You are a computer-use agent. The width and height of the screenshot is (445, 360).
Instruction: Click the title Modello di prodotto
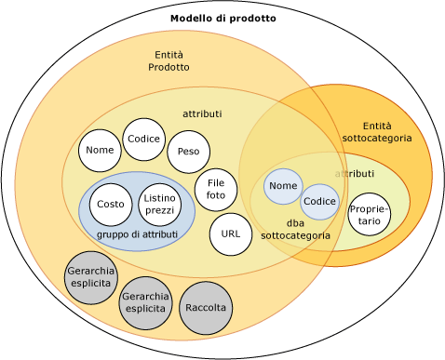pos(222,19)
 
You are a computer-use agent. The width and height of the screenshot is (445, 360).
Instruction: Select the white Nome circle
pos(100,151)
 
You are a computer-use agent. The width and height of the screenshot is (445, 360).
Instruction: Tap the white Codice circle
pos(144,140)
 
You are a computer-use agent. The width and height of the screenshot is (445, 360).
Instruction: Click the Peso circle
pos(188,152)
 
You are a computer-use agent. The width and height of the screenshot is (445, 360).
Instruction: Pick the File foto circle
pos(216,190)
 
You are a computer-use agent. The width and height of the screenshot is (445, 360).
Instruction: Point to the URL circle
pos(231,234)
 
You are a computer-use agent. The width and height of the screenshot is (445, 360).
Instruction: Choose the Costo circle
pos(111,205)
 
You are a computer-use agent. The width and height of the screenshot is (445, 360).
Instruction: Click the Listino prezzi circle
pos(160,205)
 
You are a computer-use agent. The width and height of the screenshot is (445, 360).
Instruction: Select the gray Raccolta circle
pos(206,308)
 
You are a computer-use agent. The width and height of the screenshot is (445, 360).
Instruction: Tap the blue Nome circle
pos(283,186)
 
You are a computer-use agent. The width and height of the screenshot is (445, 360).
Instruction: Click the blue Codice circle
pos(319,202)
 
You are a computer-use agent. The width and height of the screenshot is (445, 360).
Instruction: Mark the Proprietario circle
pos(370,215)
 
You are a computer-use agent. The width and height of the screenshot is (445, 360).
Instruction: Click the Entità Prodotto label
pos(169,61)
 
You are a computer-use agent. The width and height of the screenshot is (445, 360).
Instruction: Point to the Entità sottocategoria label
pos(377,132)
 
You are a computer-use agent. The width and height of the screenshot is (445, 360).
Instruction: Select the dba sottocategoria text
pos(295,230)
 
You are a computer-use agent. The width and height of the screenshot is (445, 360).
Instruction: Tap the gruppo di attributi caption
pos(137,234)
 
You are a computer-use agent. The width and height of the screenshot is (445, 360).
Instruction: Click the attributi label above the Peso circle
pos(202,113)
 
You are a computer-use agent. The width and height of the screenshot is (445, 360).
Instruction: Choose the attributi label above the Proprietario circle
pos(356,174)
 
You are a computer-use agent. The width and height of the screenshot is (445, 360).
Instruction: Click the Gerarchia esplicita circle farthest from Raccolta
pos(90,277)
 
